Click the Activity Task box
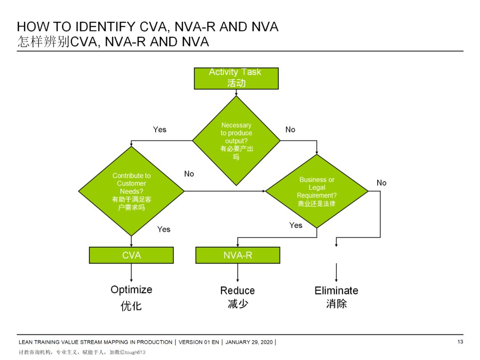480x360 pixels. tap(236, 78)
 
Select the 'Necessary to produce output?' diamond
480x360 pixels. tap(236, 140)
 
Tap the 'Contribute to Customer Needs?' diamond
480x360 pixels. tap(131, 192)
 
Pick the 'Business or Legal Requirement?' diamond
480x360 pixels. tap(316, 191)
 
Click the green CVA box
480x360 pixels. tap(131, 255)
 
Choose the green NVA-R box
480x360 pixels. tap(238, 255)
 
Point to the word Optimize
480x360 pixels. tap(131, 290)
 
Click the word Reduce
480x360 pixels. tap(237, 291)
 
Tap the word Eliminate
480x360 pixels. tap(336, 291)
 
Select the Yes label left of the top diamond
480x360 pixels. tap(160, 129)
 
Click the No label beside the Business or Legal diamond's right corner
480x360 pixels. tap(381, 183)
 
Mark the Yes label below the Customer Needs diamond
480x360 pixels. tap(164, 229)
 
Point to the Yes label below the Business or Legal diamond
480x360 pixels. tap(296, 225)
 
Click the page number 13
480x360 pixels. tap(460, 342)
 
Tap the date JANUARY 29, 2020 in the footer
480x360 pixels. tap(250, 342)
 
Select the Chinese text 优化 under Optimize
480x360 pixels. tap(131, 306)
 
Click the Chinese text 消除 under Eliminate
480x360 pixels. tap(336, 304)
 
